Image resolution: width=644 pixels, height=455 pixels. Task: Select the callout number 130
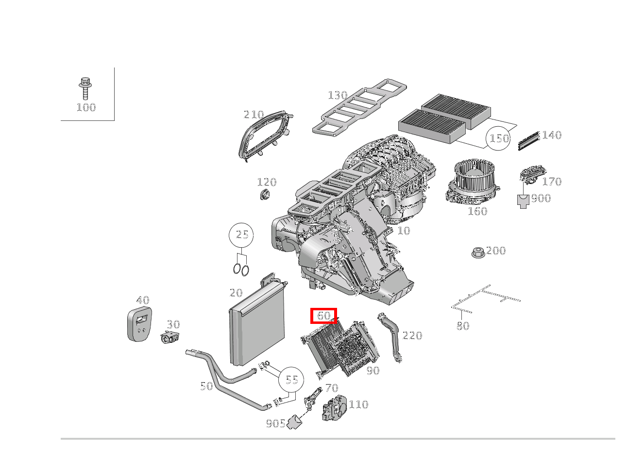[338, 95]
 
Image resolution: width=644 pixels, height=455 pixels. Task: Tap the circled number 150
[499, 138]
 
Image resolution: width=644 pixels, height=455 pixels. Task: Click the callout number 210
[254, 115]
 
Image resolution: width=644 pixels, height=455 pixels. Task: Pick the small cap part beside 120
[265, 195]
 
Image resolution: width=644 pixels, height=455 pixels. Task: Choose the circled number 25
[242, 235]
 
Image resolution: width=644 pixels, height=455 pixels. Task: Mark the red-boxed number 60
[324, 316]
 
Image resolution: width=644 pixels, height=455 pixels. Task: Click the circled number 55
[291, 379]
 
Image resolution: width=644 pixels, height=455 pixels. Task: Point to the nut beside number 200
[477, 253]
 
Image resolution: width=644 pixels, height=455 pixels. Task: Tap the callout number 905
[275, 423]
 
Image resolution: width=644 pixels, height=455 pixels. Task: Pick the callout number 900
[541, 198]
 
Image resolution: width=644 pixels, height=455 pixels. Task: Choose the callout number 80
[463, 326]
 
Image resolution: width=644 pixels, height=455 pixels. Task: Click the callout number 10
[404, 231]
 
